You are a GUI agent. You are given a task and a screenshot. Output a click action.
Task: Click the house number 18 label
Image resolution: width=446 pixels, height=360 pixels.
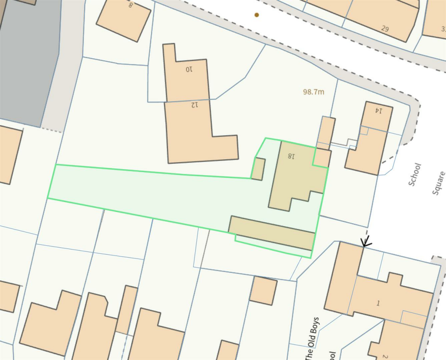(x=291, y=155)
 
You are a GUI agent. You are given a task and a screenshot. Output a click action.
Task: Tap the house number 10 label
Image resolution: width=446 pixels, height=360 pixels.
(x=189, y=69)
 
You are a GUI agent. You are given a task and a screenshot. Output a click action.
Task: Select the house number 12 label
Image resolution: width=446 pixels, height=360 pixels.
(x=194, y=104)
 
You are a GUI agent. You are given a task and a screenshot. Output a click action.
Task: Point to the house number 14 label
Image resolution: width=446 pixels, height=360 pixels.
(x=378, y=111)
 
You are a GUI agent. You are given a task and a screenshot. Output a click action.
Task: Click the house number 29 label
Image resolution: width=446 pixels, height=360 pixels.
(x=385, y=29)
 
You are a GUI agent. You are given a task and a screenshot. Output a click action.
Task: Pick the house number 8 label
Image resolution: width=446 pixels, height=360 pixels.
(x=130, y=5)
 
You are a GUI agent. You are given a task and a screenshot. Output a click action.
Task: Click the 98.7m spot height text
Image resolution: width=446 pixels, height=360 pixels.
(x=314, y=92)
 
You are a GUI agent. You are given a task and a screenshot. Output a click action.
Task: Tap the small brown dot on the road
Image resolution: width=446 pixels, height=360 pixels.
(x=257, y=15)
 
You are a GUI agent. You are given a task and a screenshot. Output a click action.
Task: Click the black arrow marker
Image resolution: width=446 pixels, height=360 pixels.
(x=366, y=241)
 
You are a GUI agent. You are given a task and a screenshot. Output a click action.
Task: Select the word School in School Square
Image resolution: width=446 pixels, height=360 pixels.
(x=415, y=174)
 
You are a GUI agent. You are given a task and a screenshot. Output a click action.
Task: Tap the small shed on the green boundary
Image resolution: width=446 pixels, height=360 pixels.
(x=258, y=169)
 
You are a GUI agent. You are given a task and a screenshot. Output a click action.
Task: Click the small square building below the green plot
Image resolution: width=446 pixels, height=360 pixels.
(x=263, y=290)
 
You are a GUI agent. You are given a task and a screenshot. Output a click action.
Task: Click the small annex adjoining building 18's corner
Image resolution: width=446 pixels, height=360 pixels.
(x=322, y=158)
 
